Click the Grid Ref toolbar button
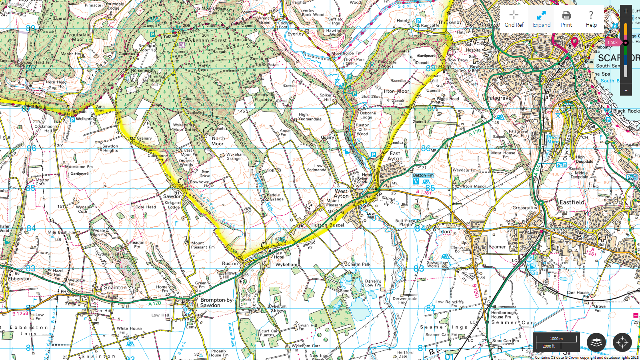pos(514,18)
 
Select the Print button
pos(566,18)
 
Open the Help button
pos(591,18)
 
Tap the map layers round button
pos(596,342)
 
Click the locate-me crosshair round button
pos(622,342)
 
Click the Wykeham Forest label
pos(205,40)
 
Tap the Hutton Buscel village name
pos(328,225)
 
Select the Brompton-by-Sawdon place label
pos(216,302)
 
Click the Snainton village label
pos(115,288)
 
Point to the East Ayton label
pos(395,156)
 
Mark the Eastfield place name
pos(572,202)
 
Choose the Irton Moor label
pos(396,91)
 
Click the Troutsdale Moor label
pos(78,37)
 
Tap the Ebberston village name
pos(20,279)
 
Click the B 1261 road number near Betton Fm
pos(424,192)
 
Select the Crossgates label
pos(524,208)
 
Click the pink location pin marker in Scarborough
pos(574,41)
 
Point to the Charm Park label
pos(359,264)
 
